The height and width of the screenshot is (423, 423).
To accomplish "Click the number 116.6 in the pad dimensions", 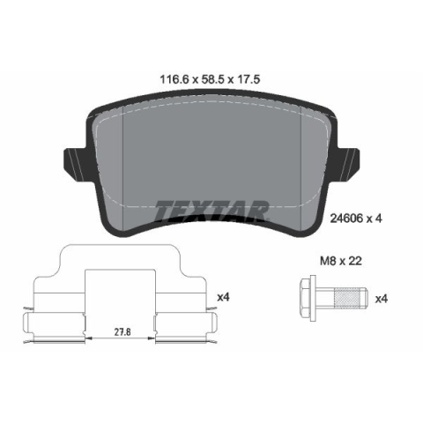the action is (x=174, y=79).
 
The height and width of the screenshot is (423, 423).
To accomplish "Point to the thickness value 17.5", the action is (x=248, y=79).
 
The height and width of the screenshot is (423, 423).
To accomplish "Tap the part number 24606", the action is (x=345, y=219).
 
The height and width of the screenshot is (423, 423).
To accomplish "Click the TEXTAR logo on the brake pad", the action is (x=211, y=211).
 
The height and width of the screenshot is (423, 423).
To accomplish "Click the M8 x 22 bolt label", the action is (x=341, y=261).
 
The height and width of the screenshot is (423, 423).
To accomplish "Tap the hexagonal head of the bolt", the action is (x=308, y=299).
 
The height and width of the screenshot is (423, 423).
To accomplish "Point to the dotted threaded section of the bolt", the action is (x=348, y=299).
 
